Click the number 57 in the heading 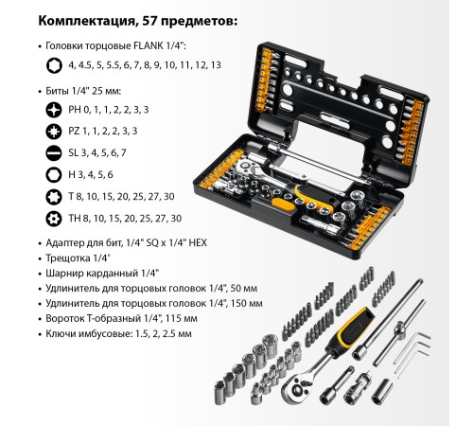pyautogui.click(x=150, y=21)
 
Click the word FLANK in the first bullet pyautogui.click(x=148, y=46)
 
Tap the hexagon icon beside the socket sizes pyautogui.click(x=54, y=65)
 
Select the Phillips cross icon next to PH pyautogui.click(x=54, y=110)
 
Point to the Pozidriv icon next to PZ pyautogui.click(x=54, y=132)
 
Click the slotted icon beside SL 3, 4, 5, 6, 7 pyautogui.click(x=54, y=153)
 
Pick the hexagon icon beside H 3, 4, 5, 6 pyautogui.click(x=54, y=175)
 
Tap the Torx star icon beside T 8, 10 pyautogui.click(x=54, y=197)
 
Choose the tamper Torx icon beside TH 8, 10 pyautogui.click(x=54, y=219)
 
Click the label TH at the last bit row pyautogui.click(x=74, y=219)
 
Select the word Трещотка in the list pyautogui.click(x=67, y=258)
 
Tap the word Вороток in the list pyautogui.click(x=65, y=318)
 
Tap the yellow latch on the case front pyautogui.click(x=282, y=204)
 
